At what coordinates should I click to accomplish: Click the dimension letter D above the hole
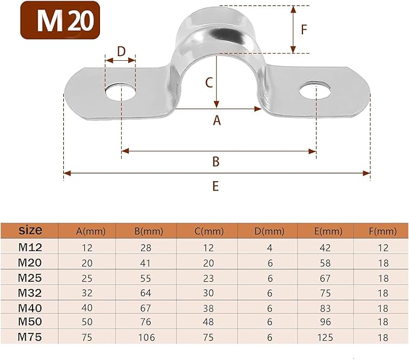[121, 51]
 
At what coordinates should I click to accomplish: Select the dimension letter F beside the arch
[304, 29]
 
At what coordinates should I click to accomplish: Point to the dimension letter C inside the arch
[208, 83]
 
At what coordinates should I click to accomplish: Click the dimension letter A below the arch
[217, 120]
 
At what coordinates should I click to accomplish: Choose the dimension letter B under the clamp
[216, 161]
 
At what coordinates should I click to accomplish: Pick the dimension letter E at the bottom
[215, 186]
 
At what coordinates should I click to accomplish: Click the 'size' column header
[30, 231]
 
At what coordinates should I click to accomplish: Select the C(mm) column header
[208, 231]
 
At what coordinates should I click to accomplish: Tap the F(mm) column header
[382, 231]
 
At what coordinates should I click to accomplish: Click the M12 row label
[30, 246]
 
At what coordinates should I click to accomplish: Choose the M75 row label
[30, 337]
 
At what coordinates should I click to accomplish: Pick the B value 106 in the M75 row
[146, 337]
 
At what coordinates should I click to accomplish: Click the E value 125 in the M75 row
[324, 337]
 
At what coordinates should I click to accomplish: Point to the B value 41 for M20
[146, 262]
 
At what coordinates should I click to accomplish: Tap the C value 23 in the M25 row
[208, 277]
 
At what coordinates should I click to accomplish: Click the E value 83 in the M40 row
[324, 307]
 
